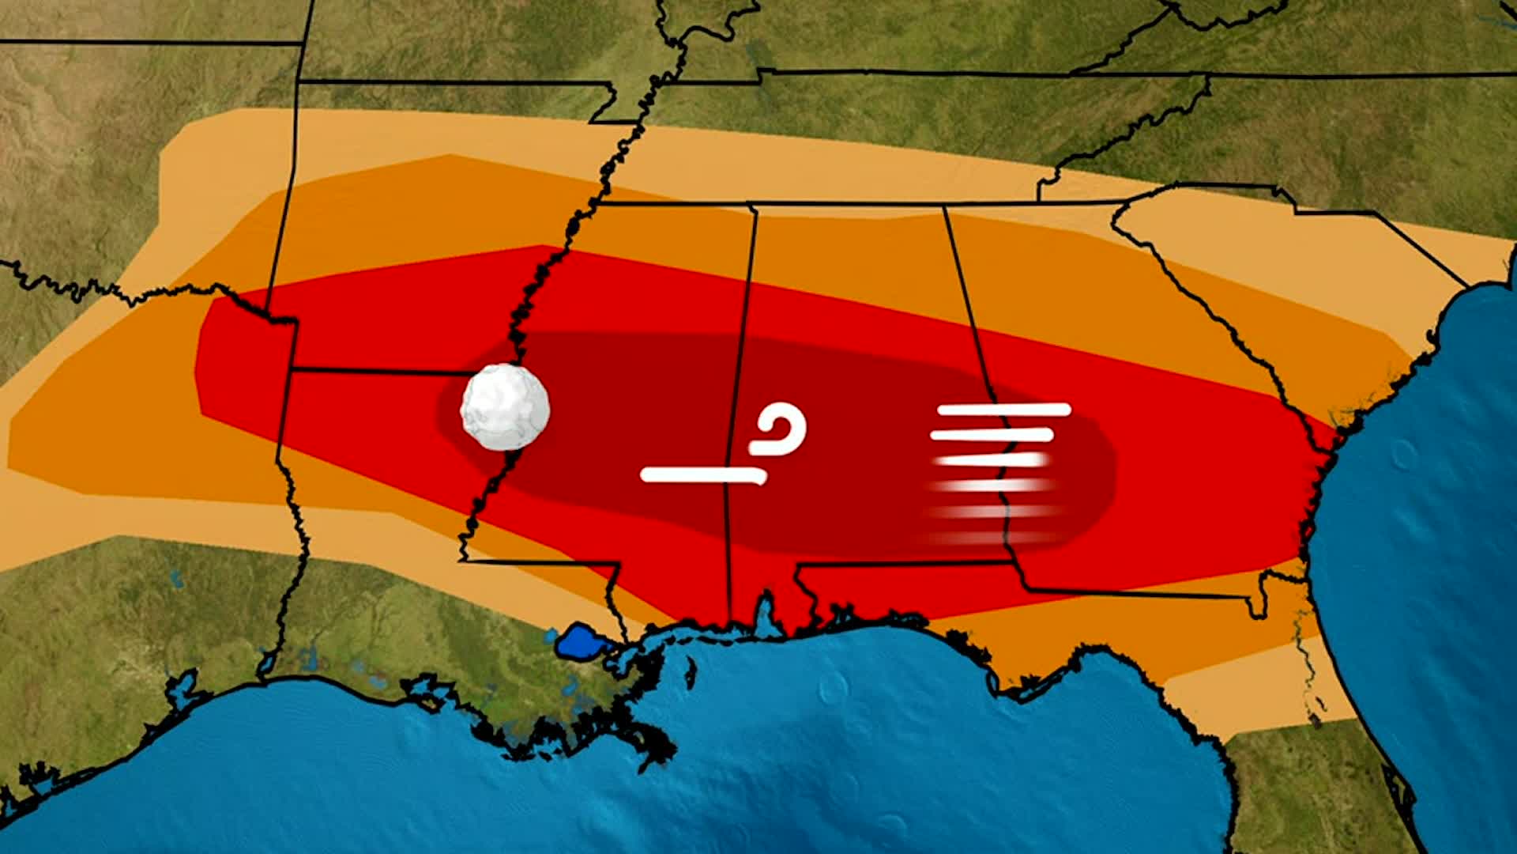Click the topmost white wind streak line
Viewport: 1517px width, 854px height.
(1003, 410)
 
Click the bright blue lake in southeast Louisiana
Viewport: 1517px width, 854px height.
(583, 641)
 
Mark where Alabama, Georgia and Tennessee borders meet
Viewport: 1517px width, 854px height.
(944, 206)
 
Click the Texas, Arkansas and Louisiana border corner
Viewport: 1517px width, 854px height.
(292, 369)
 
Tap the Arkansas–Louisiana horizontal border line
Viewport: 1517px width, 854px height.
(379, 370)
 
